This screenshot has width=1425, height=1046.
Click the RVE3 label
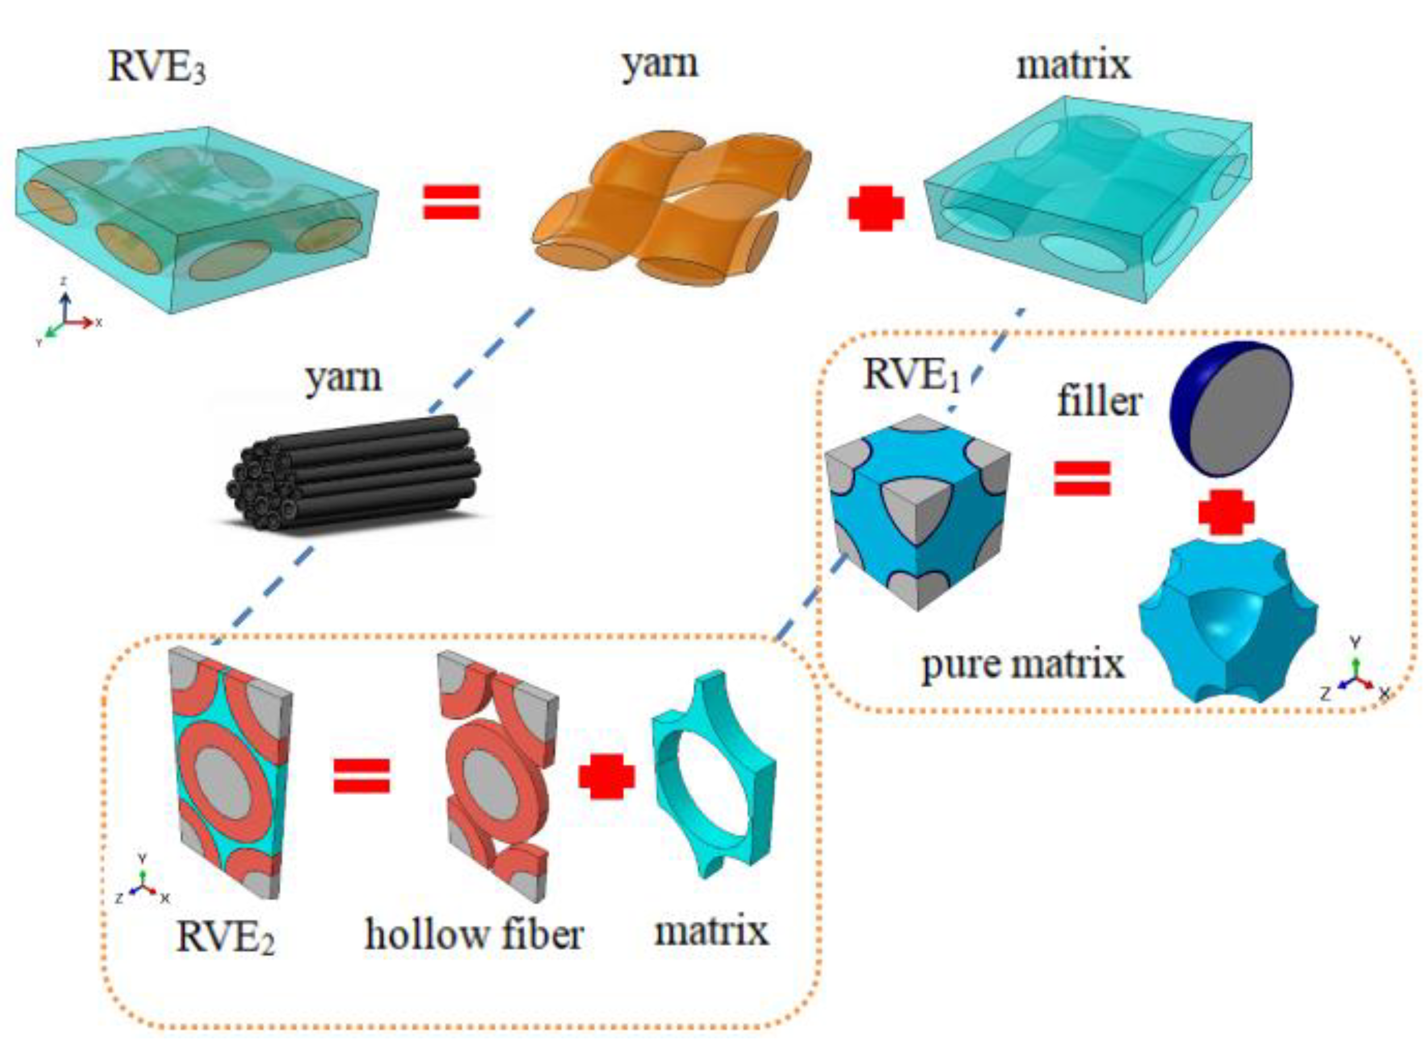[156, 67]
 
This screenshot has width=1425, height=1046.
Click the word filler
[1099, 402]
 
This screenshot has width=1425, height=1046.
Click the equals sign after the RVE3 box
[451, 202]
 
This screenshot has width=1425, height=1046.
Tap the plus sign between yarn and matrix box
[876, 208]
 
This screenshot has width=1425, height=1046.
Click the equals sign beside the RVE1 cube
[1082, 478]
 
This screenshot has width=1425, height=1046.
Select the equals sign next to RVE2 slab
[362, 776]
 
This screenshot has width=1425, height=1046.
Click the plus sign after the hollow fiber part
[606, 776]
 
